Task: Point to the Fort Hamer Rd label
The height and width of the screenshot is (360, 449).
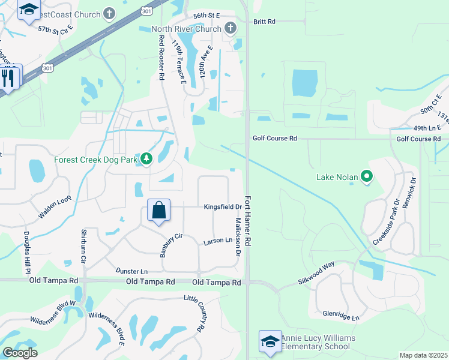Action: tap(248, 218)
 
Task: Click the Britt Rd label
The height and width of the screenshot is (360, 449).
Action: tap(264, 22)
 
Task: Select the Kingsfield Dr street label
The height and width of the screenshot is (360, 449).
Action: tap(222, 207)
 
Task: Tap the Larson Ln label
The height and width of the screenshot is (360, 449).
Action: tap(217, 241)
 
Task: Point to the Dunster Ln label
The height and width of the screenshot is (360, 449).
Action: tap(131, 271)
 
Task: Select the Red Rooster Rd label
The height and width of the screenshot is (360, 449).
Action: tap(161, 58)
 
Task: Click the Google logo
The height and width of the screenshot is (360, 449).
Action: tap(20, 353)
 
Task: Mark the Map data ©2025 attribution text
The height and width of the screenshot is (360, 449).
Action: tap(423, 355)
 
